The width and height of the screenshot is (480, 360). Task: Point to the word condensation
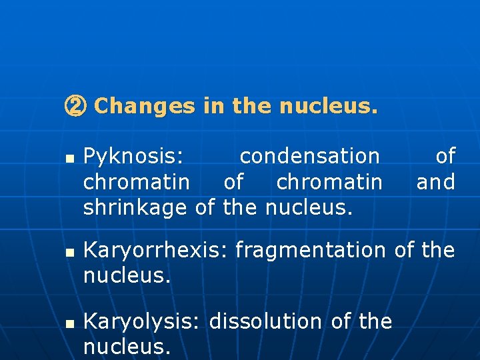pos(309,157)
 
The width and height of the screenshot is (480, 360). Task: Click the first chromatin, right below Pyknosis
pos(137,182)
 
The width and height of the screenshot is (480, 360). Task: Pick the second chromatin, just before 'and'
pos(329,182)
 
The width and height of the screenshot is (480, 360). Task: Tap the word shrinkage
pos(135,208)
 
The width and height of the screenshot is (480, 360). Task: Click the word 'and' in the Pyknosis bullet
pos(436,182)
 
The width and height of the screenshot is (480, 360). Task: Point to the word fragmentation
pos(311,251)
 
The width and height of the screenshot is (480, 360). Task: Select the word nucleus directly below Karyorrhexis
pos(127,275)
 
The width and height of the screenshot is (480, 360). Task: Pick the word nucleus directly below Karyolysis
pos(127,347)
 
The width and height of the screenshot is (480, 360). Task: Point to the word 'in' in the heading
pos(214,106)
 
